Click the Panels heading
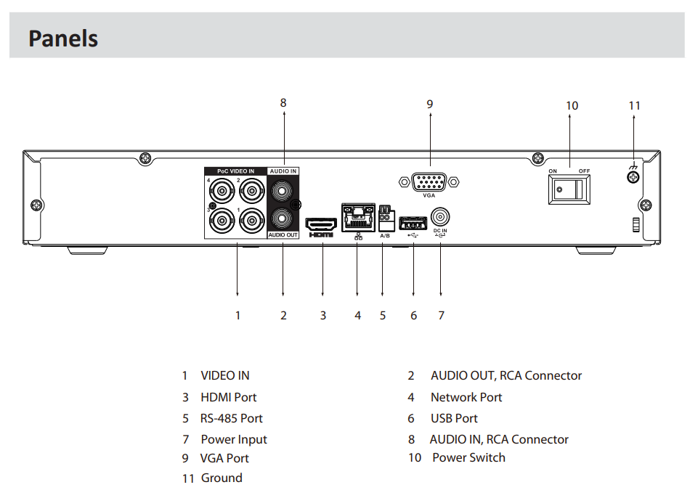(x=63, y=38)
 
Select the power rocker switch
(x=569, y=189)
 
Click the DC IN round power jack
(x=440, y=217)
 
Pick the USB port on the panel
(x=413, y=221)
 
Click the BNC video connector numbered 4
(x=219, y=192)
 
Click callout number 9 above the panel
(x=429, y=104)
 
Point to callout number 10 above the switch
(x=572, y=105)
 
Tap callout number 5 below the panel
(x=383, y=315)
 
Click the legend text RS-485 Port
(x=232, y=418)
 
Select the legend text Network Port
(x=466, y=397)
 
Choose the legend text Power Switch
(x=468, y=457)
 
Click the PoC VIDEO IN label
(x=235, y=171)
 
